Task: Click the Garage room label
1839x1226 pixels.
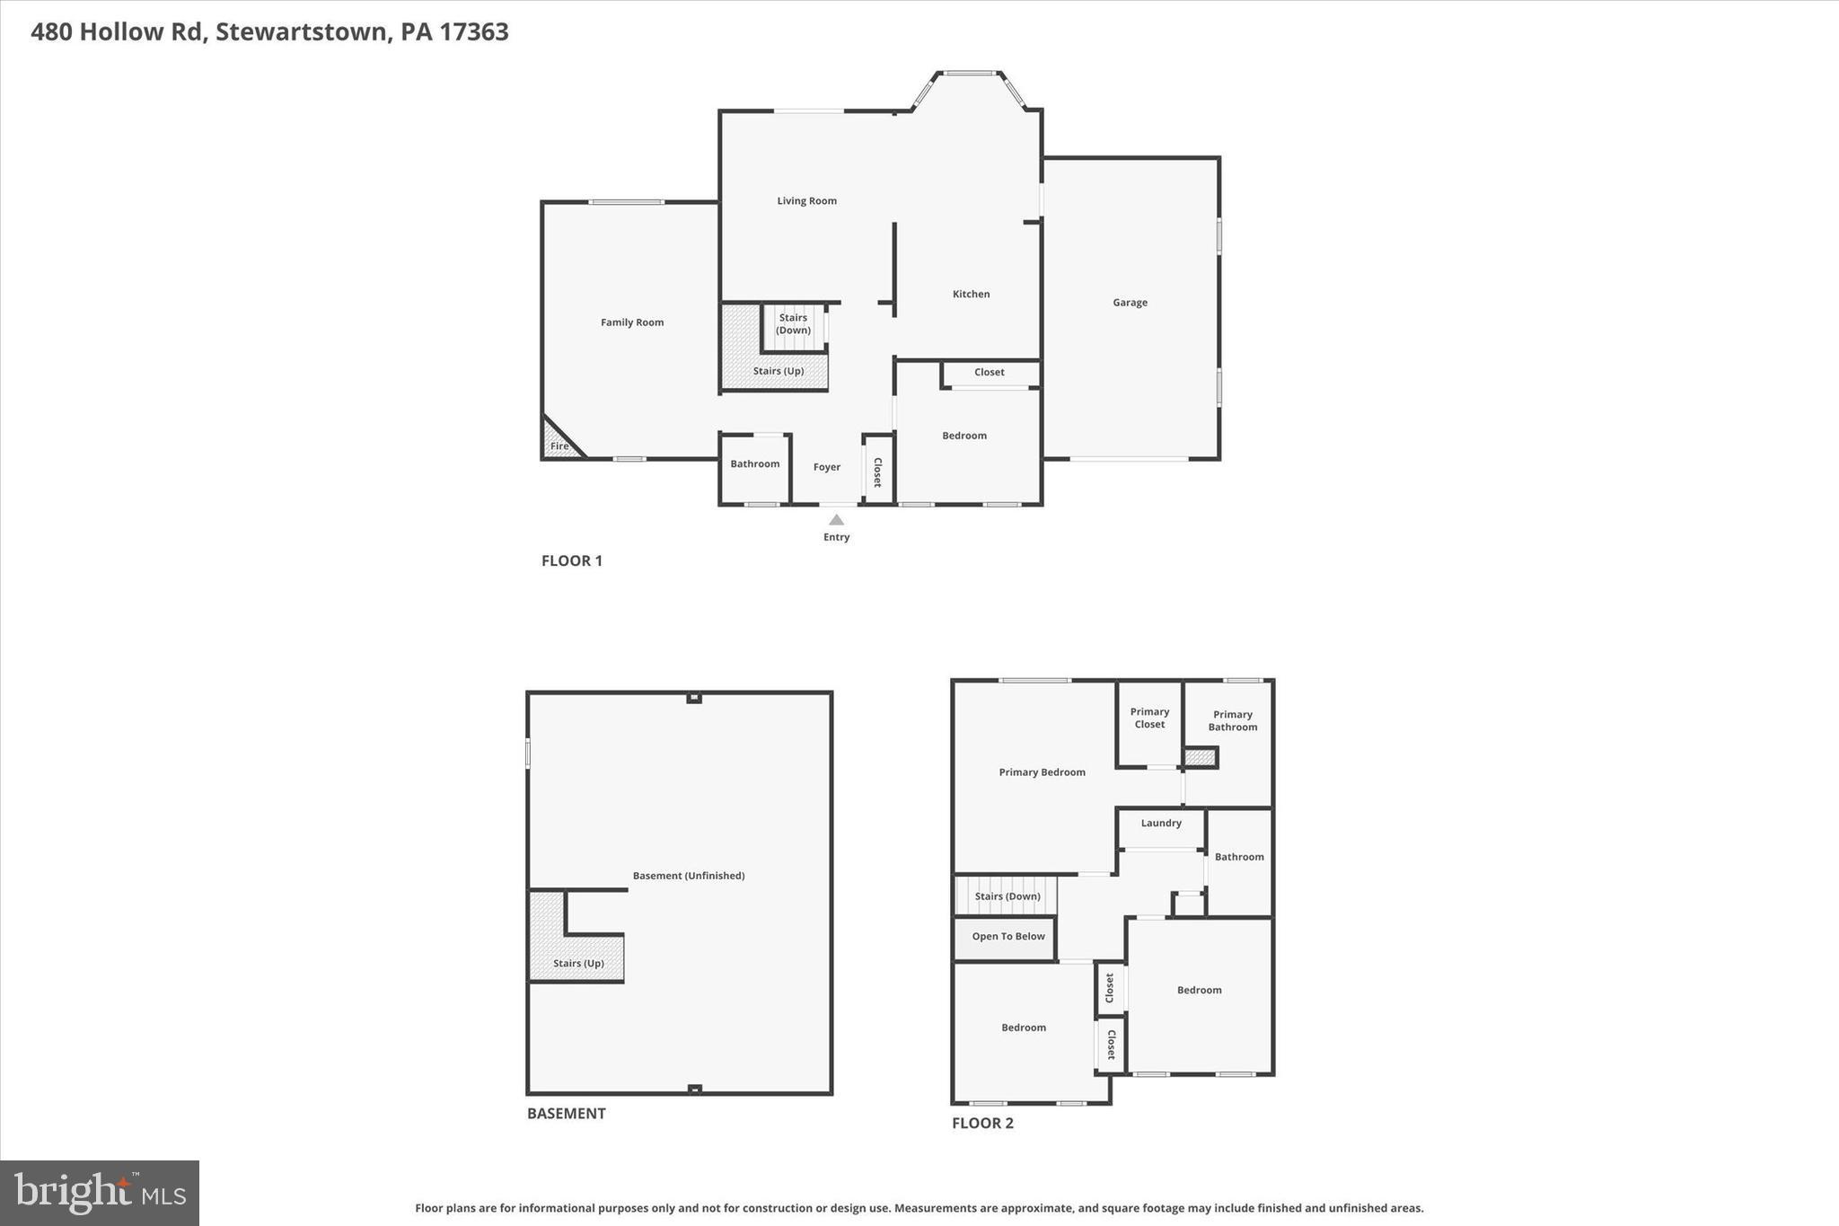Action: pos(1130,303)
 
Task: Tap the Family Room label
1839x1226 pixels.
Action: pos(632,322)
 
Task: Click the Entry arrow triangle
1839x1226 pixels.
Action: pos(836,520)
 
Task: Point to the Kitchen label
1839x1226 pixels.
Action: pos(971,294)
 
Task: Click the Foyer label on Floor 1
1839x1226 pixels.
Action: pos(827,467)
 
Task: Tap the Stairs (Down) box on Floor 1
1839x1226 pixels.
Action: pos(793,325)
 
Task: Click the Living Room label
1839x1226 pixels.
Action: pos(806,201)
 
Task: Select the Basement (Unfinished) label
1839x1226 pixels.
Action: pos(689,876)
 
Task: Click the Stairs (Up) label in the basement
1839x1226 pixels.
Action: pos(578,964)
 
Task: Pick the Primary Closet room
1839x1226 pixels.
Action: pos(1149,723)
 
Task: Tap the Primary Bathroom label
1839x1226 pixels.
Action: pos(1232,721)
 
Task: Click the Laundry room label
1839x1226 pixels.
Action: pos(1161,824)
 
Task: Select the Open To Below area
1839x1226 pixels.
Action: pos(1007,937)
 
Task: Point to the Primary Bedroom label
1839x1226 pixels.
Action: pos(1042,772)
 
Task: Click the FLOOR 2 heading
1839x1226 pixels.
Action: pos(982,1123)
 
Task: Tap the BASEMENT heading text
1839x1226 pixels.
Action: pos(566,1114)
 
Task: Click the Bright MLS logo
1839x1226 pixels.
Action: pos(100,1193)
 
